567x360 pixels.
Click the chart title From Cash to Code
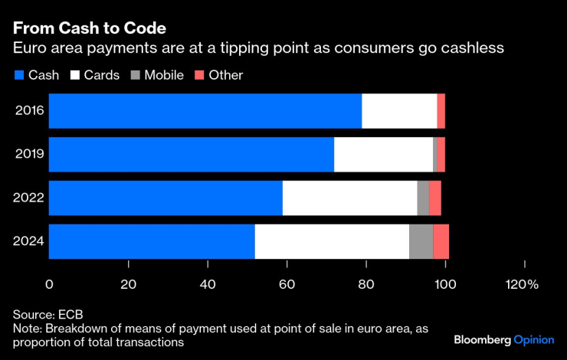[x=89, y=28]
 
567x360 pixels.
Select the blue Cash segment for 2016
[x=205, y=111]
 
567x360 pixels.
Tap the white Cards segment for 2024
[x=332, y=241]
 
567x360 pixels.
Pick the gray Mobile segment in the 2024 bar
[x=421, y=241]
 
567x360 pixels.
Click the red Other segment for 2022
[x=435, y=198]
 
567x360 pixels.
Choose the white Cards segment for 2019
[x=383, y=155]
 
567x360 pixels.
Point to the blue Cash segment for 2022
[x=166, y=198]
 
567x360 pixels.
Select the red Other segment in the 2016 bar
[x=441, y=111]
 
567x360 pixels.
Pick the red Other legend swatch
[x=199, y=75]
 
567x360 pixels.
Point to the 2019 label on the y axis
[x=30, y=155]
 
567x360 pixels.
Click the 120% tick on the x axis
[x=521, y=284]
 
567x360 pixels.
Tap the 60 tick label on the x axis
[x=287, y=284]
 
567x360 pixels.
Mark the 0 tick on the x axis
[x=50, y=284]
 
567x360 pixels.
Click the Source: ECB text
[x=48, y=315]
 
